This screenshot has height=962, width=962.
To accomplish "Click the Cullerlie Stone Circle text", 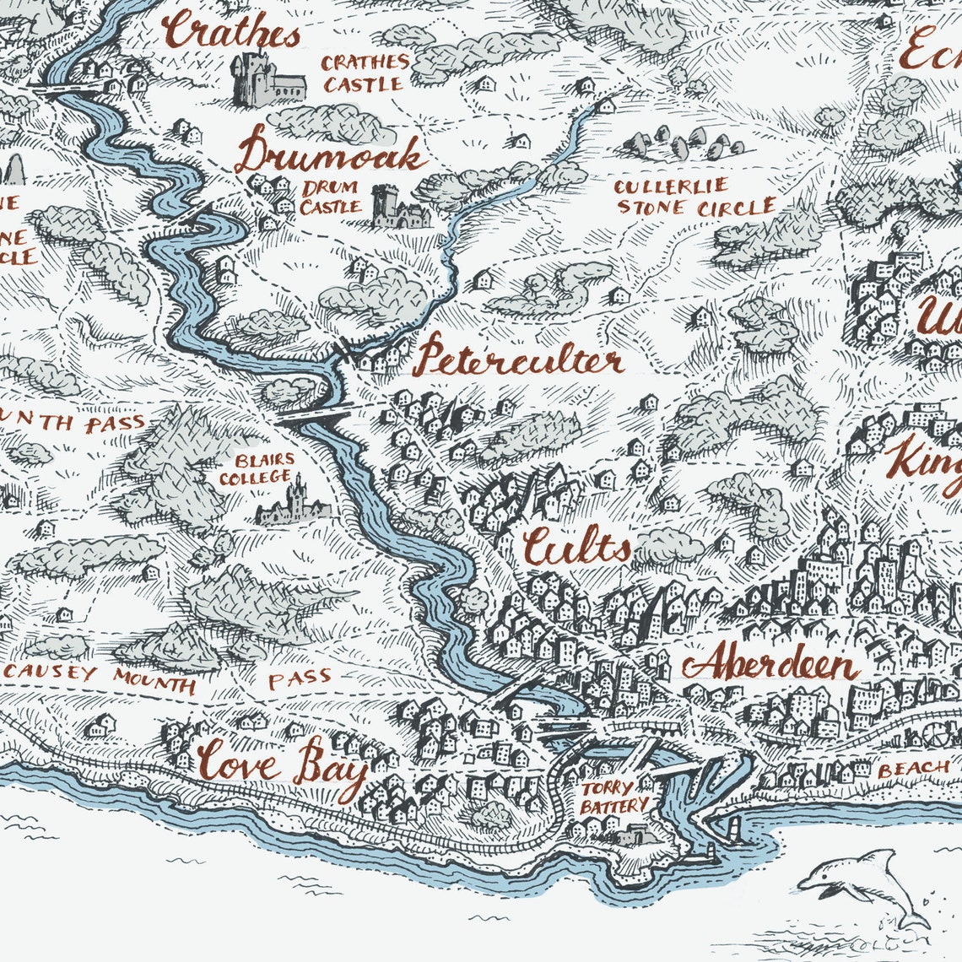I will point(694,197).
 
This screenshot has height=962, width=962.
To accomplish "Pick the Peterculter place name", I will point(520,360).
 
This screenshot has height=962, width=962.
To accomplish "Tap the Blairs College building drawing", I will point(291,503).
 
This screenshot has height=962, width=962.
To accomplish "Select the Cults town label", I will point(576,547).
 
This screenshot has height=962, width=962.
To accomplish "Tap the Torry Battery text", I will point(613,797).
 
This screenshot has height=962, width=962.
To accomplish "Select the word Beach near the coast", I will point(913,769).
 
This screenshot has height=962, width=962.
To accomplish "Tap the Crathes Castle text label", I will point(365,73).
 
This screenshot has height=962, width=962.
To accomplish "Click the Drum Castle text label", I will point(330,197).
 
